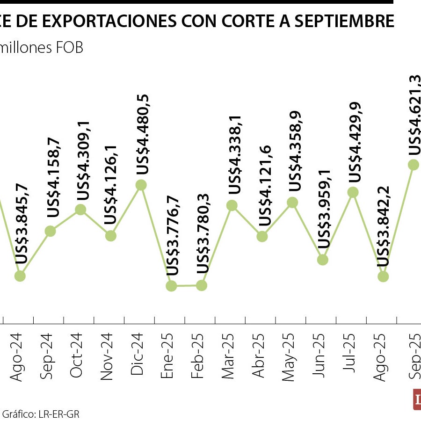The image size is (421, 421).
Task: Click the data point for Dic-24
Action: [x=141, y=185]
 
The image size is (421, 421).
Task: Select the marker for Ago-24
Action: [x=20, y=276]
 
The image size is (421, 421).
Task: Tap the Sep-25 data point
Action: [x=414, y=164]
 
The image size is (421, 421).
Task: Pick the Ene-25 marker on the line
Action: [x=171, y=286]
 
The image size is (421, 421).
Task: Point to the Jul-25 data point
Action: [x=353, y=192]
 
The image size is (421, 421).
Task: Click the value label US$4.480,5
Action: [x=142, y=135]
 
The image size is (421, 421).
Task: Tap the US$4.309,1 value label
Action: [x=82, y=160]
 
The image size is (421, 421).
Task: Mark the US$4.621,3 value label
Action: [x=415, y=114]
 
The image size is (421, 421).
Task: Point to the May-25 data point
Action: [x=292, y=202]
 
